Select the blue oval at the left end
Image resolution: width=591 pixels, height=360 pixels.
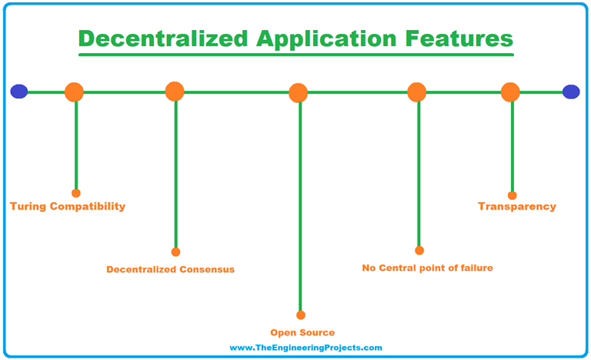[19, 92]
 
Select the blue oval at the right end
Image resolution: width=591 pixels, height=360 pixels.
[571, 92]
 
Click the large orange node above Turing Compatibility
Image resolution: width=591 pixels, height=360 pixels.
[75, 92]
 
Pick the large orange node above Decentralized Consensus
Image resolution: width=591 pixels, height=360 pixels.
[175, 92]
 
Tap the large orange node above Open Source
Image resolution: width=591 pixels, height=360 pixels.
[299, 93]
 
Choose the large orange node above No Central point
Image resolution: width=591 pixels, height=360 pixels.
[417, 92]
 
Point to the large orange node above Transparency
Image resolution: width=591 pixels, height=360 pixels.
[511, 92]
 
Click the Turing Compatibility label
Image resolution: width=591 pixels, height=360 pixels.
[68, 207]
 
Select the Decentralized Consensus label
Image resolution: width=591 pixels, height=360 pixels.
[171, 270]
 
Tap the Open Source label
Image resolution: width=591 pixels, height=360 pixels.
[302, 333]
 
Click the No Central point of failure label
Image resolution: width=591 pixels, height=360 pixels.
[427, 268]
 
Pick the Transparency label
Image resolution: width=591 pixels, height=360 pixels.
[517, 207]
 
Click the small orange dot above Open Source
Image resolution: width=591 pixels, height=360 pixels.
[301, 315]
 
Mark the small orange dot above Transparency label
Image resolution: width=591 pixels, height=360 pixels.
[513, 195]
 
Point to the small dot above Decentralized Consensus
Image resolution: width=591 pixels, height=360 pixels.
[175, 252]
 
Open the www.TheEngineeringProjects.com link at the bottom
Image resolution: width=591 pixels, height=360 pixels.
[306, 348]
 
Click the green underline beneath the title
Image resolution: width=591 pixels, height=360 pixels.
[296, 55]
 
